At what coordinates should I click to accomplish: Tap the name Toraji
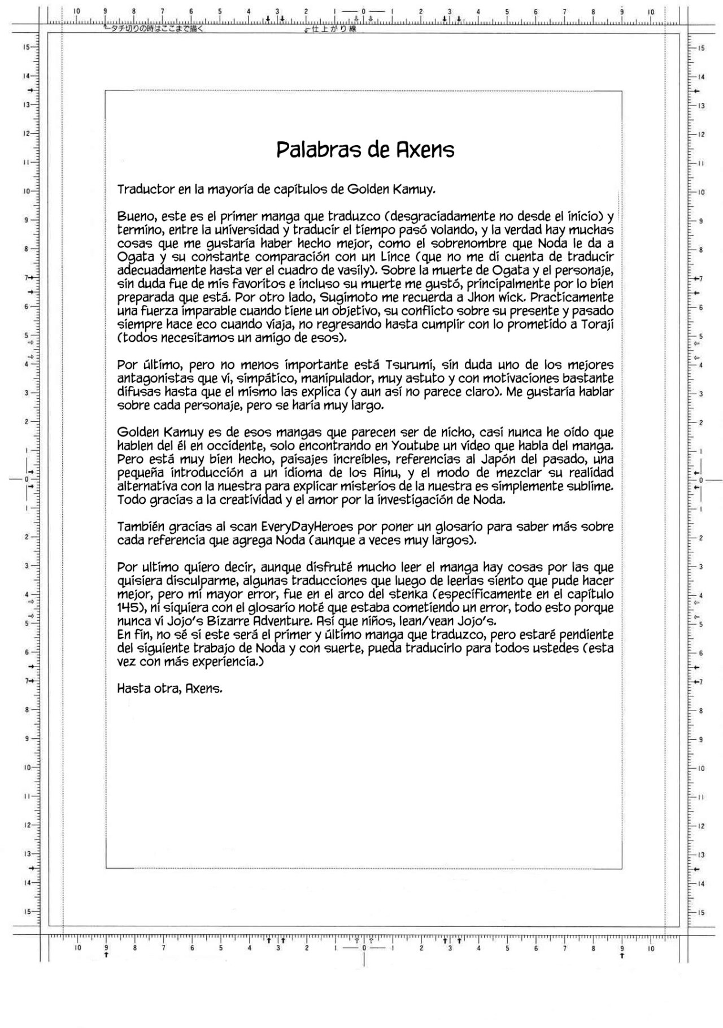596,324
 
